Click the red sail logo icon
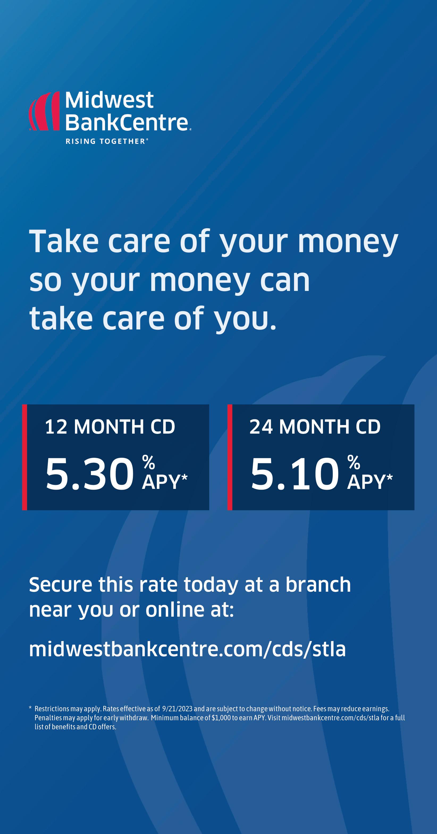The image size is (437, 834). coord(44,111)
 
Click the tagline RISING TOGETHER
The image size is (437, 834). coord(106,141)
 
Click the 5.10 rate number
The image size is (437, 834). coord(295,474)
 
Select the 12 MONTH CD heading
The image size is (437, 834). coord(110,427)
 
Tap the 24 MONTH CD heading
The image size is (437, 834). coord(315,427)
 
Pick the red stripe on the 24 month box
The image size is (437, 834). coord(230,457)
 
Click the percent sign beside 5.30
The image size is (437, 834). coord(148,462)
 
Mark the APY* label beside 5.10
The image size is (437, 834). coord(370,482)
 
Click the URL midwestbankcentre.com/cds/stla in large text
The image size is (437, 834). coord(187,649)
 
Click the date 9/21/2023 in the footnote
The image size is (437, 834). coord(177,709)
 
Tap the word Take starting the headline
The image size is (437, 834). coord(64,241)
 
